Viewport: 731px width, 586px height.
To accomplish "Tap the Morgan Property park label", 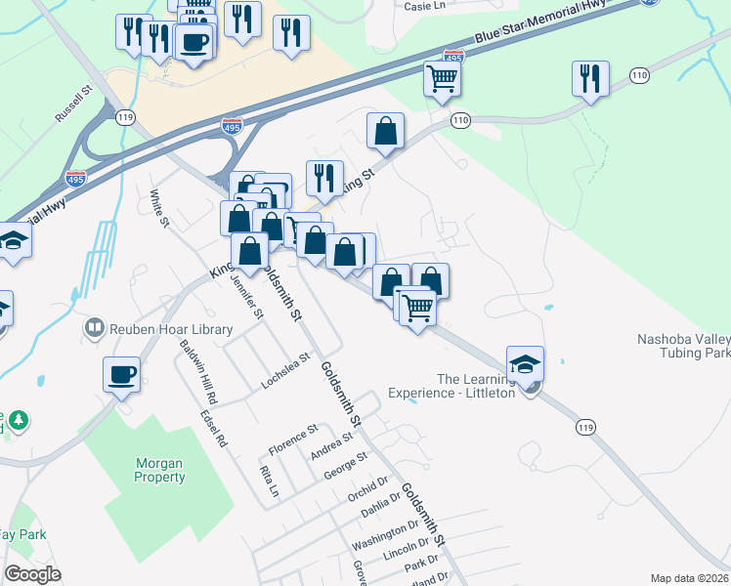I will coord(159,470).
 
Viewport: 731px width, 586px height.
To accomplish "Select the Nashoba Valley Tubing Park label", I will coord(684,346).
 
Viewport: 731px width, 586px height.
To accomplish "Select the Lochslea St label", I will coord(285,371).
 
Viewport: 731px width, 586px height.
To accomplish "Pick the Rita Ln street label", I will coord(267,481).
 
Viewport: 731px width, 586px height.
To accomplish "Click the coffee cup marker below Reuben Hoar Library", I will coord(121,374).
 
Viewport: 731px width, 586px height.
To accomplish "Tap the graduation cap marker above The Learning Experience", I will coord(526,364).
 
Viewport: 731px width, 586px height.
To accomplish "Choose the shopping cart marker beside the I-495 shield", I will coord(443,78).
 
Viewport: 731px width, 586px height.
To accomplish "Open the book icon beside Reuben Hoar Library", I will coord(95,326).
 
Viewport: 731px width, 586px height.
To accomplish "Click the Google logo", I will coord(32,574).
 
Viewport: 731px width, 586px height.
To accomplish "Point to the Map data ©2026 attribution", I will coord(689,578).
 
